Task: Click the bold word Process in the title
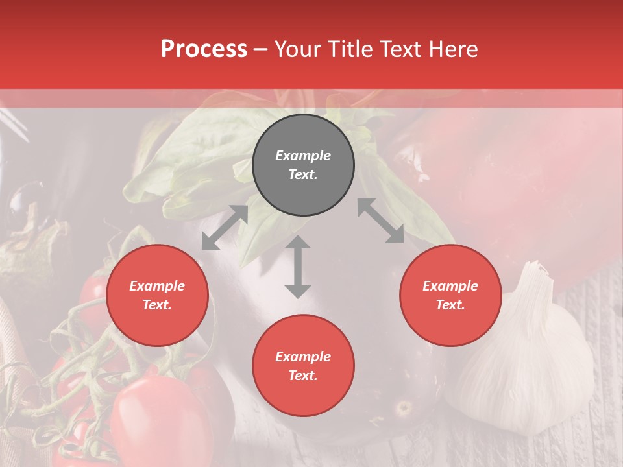[204, 49]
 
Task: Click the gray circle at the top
[303, 165]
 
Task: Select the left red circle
[157, 295]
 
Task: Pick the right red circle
[450, 295]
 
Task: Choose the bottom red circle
[303, 366]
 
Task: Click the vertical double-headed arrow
[298, 267]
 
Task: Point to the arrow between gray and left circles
[225, 228]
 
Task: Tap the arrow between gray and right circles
[381, 221]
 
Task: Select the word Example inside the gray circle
[303, 156]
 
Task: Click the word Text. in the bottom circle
[303, 376]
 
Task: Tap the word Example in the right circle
[450, 286]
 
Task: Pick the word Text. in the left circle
[157, 305]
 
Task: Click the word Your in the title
[297, 49]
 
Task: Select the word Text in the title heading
[402, 49]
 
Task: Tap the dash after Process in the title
[261, 49]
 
